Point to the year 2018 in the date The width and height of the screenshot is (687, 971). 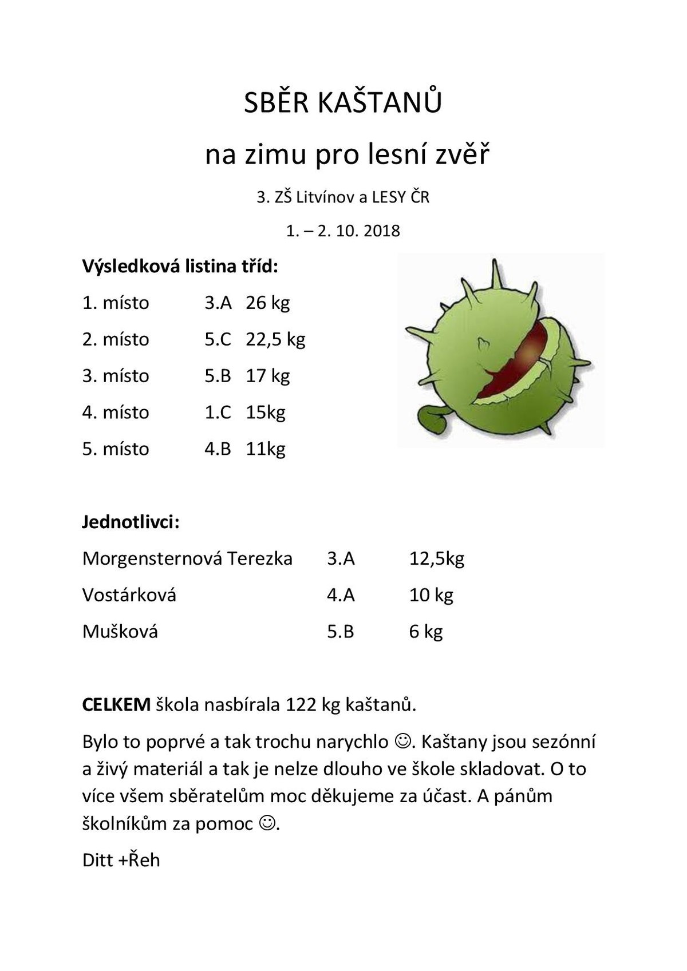381,231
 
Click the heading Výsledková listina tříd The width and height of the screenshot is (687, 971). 180,266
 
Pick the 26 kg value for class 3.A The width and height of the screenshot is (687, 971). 267,303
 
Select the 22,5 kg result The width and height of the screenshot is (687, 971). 275,339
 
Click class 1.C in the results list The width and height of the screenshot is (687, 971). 218,413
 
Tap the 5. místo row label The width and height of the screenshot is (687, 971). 116,449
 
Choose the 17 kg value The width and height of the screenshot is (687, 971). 267,376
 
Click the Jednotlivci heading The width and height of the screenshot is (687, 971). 131,522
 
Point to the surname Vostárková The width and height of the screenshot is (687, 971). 129,595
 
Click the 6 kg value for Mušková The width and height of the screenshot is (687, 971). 426,632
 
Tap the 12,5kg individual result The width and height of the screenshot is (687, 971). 436,558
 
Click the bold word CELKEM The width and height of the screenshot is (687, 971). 116,704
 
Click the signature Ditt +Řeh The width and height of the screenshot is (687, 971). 121,860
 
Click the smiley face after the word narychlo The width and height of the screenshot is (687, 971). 402,743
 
